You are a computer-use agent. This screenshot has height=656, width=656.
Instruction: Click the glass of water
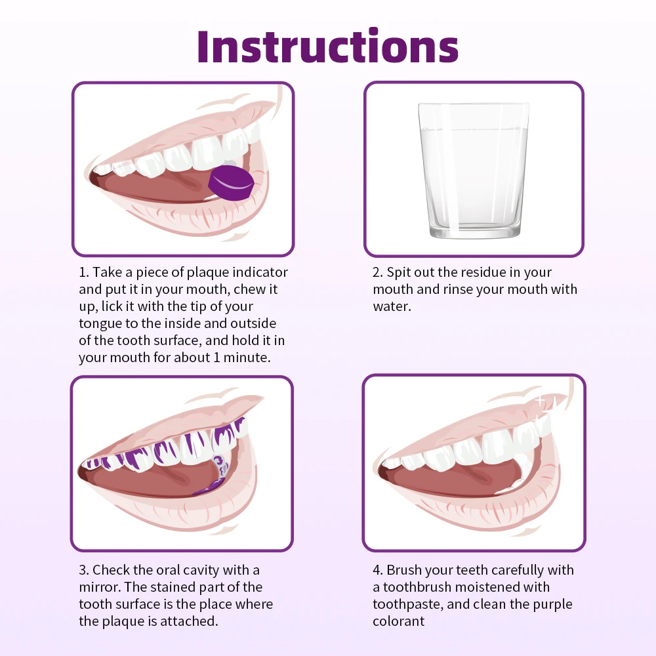click(473, 170)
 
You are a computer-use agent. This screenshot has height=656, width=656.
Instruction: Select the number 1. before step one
click(84, 272)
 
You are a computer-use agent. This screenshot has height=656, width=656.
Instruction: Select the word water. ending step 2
click(392, 306)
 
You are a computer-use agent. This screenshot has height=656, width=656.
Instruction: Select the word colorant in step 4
click(399, 621)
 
